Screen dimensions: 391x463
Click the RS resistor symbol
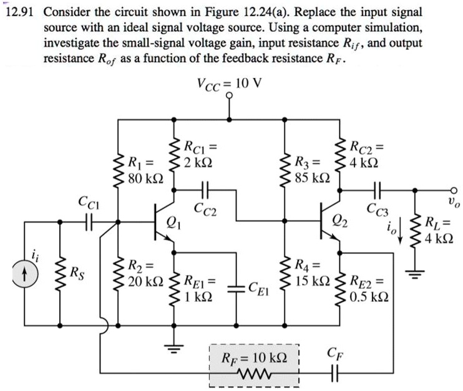coord(61,272)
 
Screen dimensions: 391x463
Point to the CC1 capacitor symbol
coord(89,221)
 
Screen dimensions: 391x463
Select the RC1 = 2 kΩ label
coord(199,154)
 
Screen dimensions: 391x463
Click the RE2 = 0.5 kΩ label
coord(371,288)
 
